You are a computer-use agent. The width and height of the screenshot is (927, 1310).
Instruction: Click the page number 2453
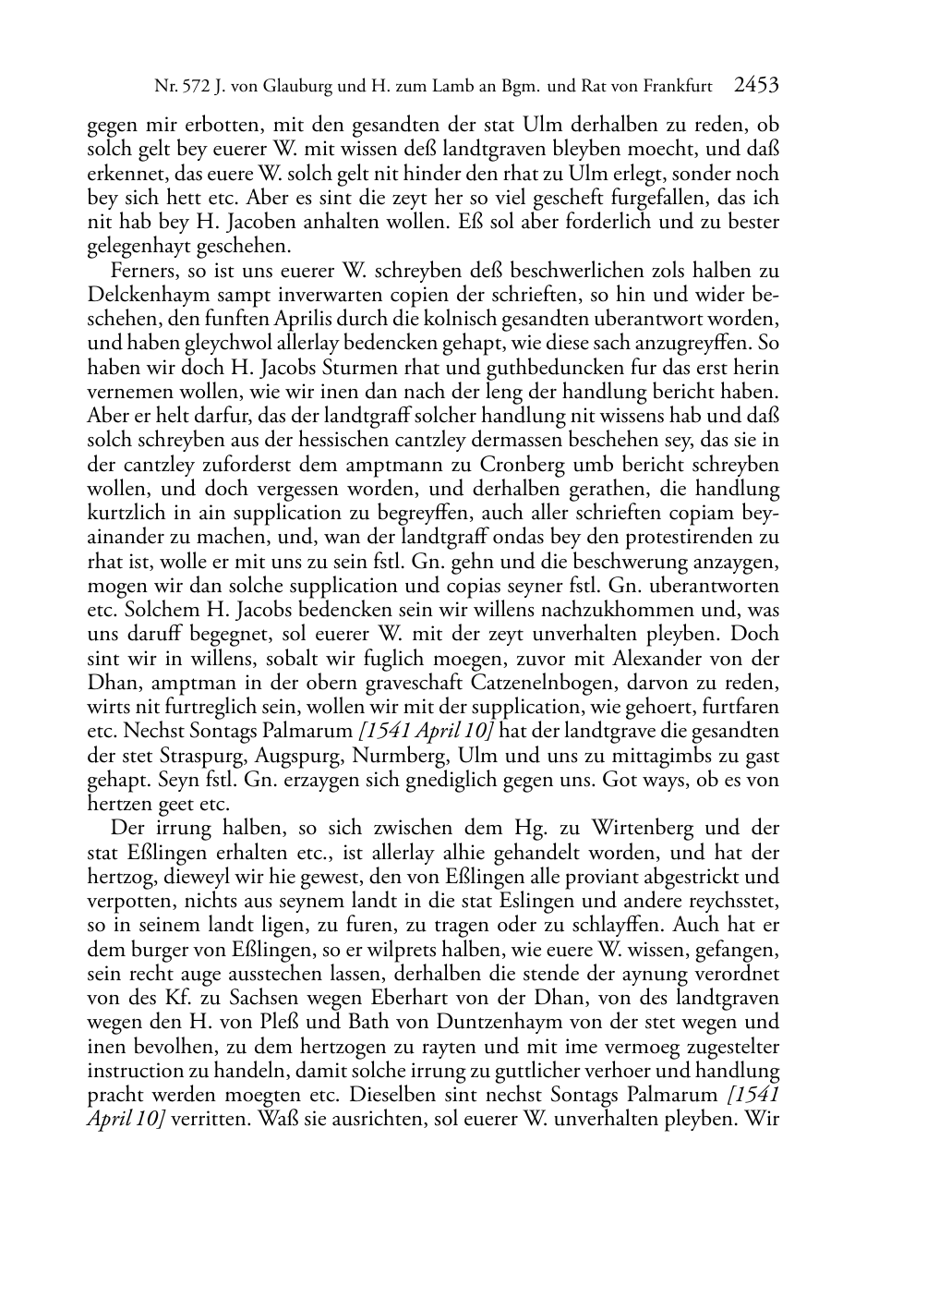756,86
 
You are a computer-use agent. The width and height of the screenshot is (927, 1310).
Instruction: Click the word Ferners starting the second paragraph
139,271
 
